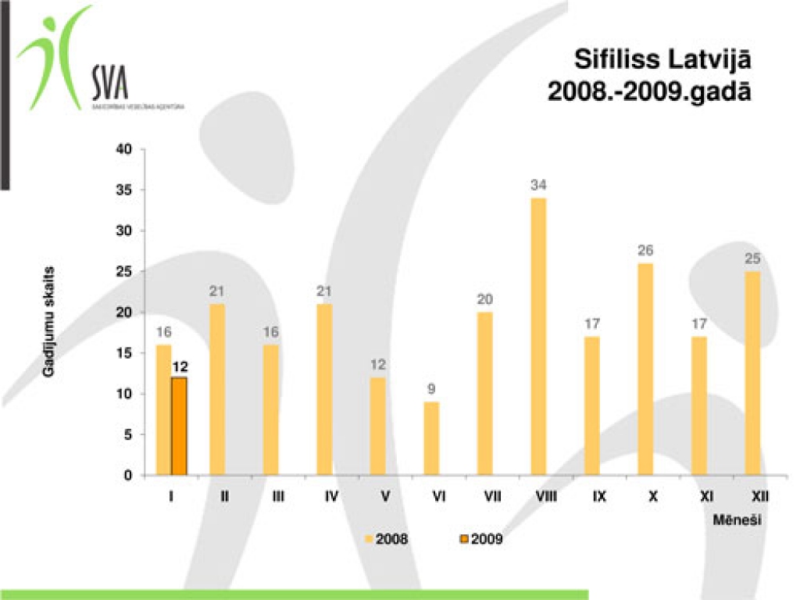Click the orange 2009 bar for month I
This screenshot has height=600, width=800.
[x=179, y=427]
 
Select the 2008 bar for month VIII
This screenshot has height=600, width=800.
[x=538, y=337]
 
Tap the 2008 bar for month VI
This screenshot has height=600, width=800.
[x=431, y=438]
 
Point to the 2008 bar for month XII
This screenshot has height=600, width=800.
[x=752, y=373]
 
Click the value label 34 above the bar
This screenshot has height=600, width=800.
[x=538, y=186]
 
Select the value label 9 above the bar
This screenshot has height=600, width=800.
[x=431, y=389]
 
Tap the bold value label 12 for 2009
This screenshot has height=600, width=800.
[x=180, y=365]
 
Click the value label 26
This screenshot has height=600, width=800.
[x=645, y=251]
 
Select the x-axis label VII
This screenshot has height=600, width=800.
[x=492, y=496]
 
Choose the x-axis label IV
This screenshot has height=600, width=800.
[x=331, y=496]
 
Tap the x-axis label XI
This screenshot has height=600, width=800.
[x=706, y=496]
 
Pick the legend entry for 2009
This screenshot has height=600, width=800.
[x=485, y=539]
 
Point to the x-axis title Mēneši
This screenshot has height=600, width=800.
[x=737, y=519]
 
